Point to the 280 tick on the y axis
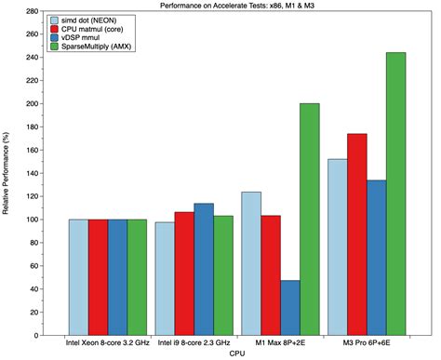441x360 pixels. click(33, 12)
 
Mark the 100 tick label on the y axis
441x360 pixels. click(33, 220)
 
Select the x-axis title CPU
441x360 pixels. click(239, 353)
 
